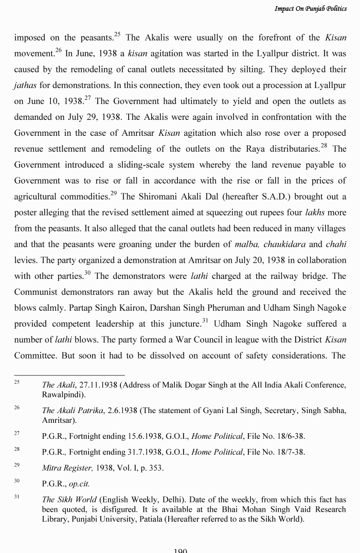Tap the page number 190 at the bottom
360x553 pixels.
point(180,550)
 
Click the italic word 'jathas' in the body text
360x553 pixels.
point(25,85)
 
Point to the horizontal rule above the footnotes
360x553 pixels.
point(69,375)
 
